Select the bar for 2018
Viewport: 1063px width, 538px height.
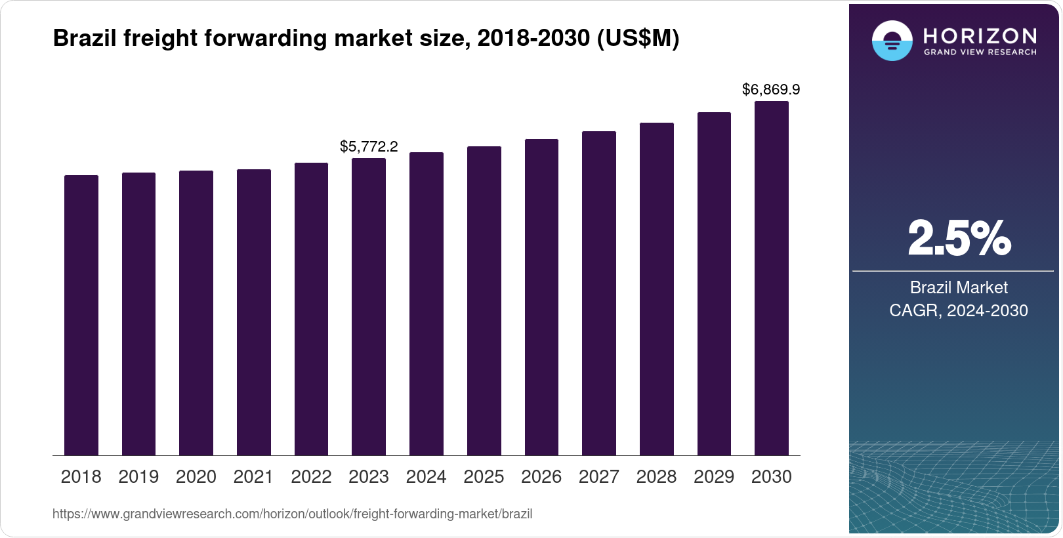click(x=81, y=315)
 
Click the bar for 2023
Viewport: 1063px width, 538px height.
click(x=369, y=306)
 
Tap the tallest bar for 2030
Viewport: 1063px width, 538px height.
click(x=772, y=278)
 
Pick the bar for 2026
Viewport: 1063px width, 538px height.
click(x=541, y=297)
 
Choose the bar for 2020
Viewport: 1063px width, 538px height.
click(x=196, y=313)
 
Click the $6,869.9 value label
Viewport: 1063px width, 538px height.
click(x=771, y=89)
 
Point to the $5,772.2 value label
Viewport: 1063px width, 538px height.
click(x=369, y=146)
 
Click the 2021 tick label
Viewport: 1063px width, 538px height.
click(x=253, y=476)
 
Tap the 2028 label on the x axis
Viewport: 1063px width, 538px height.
click(x=656, y=476)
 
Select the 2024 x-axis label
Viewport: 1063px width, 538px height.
click(x=426, y=476)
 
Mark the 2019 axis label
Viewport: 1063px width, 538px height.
click(x=138, y=476)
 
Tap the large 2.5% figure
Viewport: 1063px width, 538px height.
click(x=959, y=238)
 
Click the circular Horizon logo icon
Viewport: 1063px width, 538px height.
click(x=892, y=41)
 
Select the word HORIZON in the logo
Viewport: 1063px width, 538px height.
click(x=980, y=35)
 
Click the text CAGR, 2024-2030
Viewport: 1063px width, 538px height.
click(x=959, y=310)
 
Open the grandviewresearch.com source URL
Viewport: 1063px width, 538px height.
click(x=292, y=514)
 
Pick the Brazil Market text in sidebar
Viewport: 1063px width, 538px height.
click(x=959, y=287)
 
